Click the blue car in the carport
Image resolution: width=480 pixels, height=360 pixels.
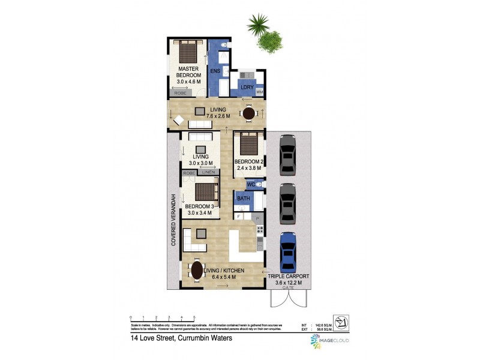click(x=289, y=251)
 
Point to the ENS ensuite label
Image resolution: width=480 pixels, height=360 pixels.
click(x=215, y=71)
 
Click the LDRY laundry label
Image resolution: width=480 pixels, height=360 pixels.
click(x=246, y=88)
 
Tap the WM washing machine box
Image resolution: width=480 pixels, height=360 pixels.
click(x=260, y=92)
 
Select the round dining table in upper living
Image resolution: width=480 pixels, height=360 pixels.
click(x=249, y=113)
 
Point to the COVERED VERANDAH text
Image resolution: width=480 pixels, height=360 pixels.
click(x=174, y=220)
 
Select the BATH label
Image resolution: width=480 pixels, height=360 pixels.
click(x=244, y=198)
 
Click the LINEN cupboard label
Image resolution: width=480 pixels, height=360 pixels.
click(x=208, y=172)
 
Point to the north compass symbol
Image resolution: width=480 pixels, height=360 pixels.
click(x=340, y=325)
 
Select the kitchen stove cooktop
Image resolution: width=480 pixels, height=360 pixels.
click(x=259, y=229)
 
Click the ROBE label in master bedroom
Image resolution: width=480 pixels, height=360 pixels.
click(x=179, y=93)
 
